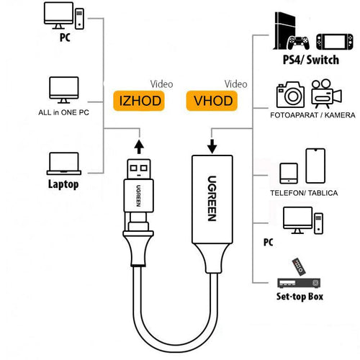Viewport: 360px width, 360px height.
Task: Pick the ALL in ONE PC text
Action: pyautogui.click(x=63, y=112)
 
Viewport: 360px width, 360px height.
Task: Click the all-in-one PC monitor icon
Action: pyautogui.click(x=63, y=89)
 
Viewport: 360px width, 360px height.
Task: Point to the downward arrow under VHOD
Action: pyautogui.click(x=212, y=145)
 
